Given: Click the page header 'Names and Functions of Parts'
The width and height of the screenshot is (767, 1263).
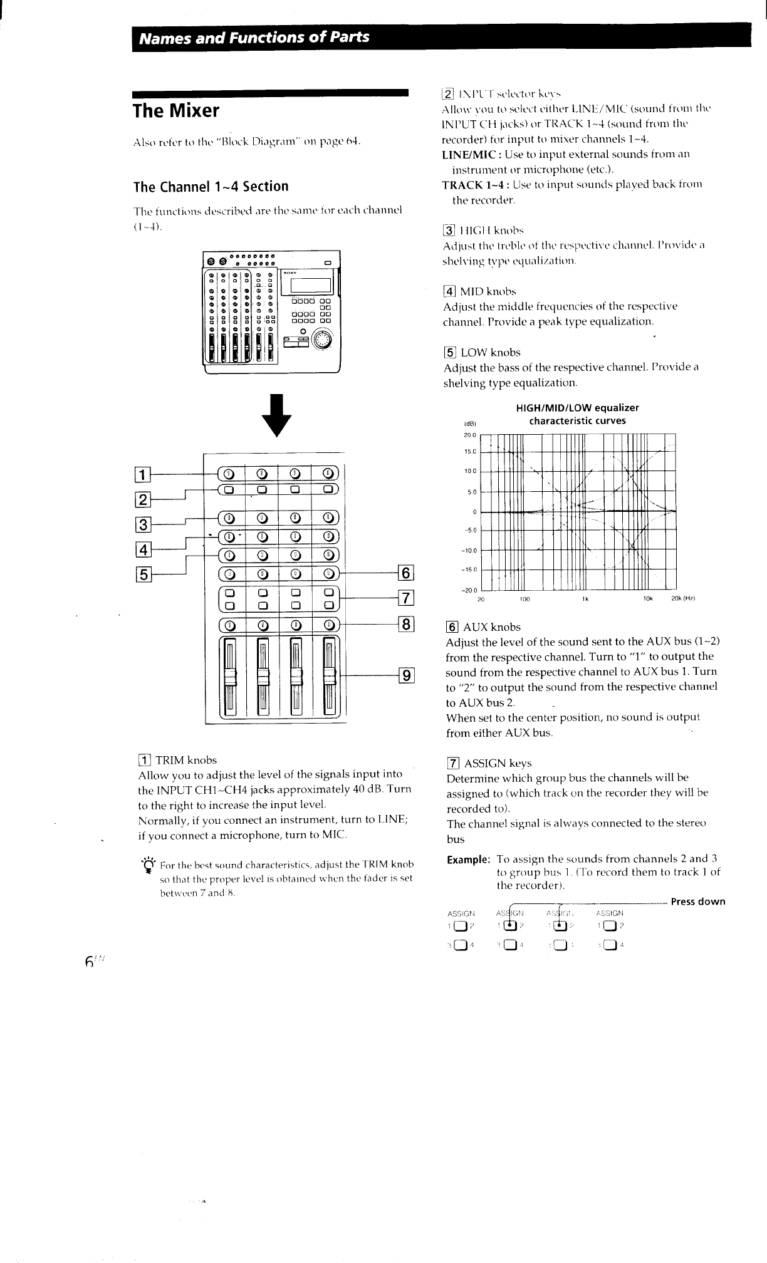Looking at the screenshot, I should [x=254, y=37].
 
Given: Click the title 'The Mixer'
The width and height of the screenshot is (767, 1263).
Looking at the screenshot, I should [x=176, y=111].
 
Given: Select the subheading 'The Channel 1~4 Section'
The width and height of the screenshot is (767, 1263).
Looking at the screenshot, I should [x=211, y=187].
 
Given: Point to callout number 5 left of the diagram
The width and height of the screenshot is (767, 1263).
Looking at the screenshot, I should [x=143, y=574].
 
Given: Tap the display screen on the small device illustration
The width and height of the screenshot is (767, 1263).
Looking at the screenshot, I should [x=306, y=286].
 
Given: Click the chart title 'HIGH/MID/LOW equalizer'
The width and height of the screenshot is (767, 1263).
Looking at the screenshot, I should [x=577, y=408].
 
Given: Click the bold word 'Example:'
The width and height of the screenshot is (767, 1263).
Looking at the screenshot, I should [x=467, y=859].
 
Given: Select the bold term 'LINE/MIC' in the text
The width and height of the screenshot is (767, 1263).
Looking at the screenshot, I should [x=471, y=154].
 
